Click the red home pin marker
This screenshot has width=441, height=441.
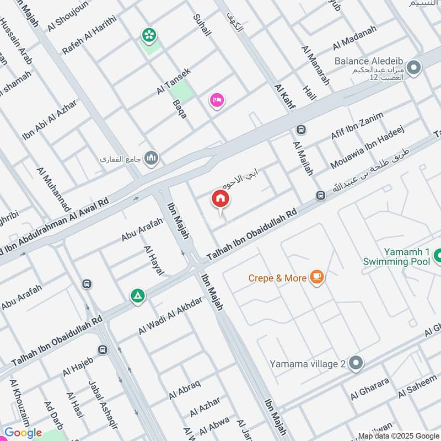[220, 200]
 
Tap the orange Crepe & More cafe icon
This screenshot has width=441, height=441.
[316, 277]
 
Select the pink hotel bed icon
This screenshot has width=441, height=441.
[217, 100]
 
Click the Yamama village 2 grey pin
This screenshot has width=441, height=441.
[356, 363]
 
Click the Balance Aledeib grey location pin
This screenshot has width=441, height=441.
[414, 68]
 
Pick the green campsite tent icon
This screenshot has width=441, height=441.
[138, 296]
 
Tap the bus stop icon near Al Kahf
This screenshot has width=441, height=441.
[301, 130]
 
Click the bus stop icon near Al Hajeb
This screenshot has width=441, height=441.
[103, 350]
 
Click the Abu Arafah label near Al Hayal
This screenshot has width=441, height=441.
[142, 230]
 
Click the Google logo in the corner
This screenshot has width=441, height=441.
[23, 433]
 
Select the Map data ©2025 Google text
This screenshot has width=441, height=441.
[399, 435]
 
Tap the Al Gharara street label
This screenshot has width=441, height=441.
[370, 389]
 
